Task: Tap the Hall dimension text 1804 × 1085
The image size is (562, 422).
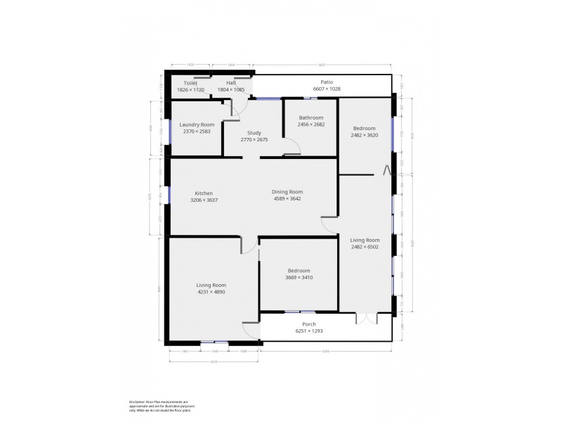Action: (x=231, y=90)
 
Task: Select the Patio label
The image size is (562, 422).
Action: (x=326, y=82)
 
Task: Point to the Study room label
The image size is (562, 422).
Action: (x=254, y=133)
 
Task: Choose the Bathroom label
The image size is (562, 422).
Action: (x=311, y=117)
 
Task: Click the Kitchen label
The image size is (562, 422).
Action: (x=204, y=193)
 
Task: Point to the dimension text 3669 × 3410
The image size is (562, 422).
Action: (x=299, y=277)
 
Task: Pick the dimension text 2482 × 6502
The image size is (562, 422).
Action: (x=365, y=247)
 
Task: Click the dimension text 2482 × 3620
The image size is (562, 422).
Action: (x=365, y=135)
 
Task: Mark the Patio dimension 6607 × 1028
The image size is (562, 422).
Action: (x=326, y=89)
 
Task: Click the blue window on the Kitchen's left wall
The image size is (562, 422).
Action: (x=169, y=195)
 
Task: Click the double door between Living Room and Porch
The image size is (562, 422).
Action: (x=365, y=318)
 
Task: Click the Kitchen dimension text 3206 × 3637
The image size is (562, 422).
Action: (x=204, y=200)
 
